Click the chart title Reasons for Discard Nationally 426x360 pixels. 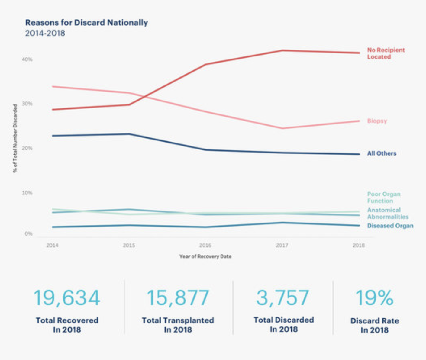pyautogui.click(x=86, y=23)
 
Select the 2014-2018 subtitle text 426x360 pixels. pyautogui.click(x=45, y=33)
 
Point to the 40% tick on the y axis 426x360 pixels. pyautogui.click(x=27, y=59)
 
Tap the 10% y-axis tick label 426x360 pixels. pyautogui.click(x=27, y=193)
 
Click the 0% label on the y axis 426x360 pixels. pyautogui.click(x=28, y=233)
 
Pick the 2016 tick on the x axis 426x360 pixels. pyautogui.click(x=205, y=245)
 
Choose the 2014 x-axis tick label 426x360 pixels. pyautogui.click(x=52, y=245)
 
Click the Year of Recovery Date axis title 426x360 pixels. pyautogui.click(x=205, y=256)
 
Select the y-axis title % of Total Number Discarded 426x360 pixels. pyautogui.click(x=15, y=138)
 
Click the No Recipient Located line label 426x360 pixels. pyautogui.click(x=386, y=53)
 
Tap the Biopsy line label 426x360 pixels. pyautogui.click(x=377, y=121)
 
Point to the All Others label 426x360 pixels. pyautogui.click(x=381, y=153)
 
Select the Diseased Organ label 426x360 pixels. pyautogui.click(x=390, y=226)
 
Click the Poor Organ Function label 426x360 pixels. pyautogui.click(x=383, y=198)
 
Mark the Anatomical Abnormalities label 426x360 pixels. pyautogui.click(x=387, y=213)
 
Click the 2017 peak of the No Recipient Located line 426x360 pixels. pyautogui.click(x=282, y=50)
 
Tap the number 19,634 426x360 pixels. pyautogui.click(x=67, y=298)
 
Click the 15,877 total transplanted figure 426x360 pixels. pyautogui.click(x=178, y=298)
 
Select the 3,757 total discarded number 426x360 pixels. pyautogui.click(x=283, y=298)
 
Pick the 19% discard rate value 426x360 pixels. pyautogui.click(x=375, y=298)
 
